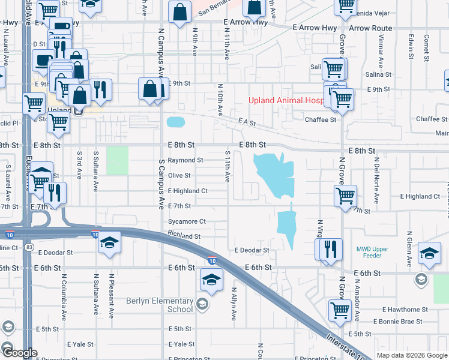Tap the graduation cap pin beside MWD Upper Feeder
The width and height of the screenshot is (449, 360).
pos(429,254)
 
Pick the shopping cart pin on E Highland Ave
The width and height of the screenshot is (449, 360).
pos(346,196)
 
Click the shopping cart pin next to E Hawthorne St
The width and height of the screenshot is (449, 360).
pos(340,311)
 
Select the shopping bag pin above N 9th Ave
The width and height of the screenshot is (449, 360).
pos(180,12)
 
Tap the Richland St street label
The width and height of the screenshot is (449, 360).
pos(184,236)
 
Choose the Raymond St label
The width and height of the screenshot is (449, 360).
pos(185,160)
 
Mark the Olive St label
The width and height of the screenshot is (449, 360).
pos(179,176)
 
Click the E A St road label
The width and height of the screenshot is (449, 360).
pos(247,122)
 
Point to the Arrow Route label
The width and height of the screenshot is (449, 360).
pos(370,28)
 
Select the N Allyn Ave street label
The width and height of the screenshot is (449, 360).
pos(234,302)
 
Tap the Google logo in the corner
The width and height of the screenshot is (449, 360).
pos(19,353)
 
